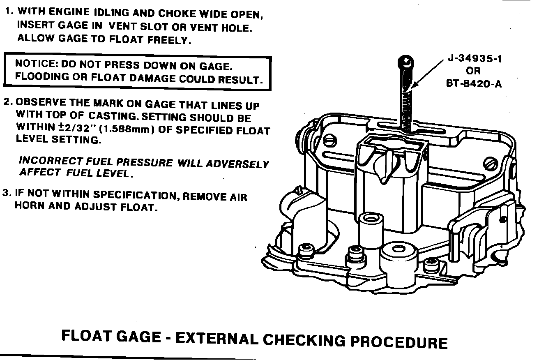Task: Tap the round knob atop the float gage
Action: tap(406, 62)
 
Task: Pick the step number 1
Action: tap(7, 12)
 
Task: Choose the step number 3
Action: tap(6, 193)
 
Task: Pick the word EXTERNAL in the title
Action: tap(217, 339)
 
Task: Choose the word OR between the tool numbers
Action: tap(473, 71)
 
